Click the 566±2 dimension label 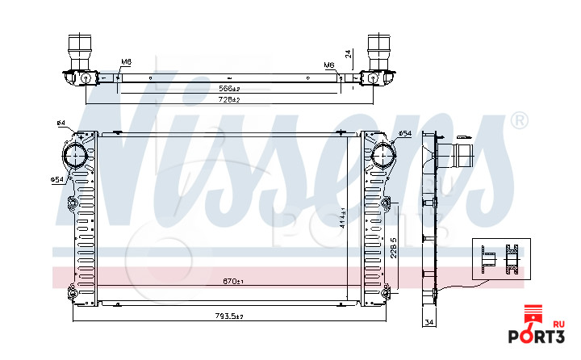click(231, 88)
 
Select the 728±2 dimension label click(231, 99)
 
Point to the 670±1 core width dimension click(233, 282)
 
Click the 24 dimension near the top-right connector click(348, 55)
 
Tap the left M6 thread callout click(127, 62)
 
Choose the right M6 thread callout click(329, 65)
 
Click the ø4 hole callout click(61, 123)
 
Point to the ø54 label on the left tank click(56, 178)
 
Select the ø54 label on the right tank click(404, 132)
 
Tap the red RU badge click(558, 322)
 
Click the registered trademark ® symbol click(520, 121)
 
